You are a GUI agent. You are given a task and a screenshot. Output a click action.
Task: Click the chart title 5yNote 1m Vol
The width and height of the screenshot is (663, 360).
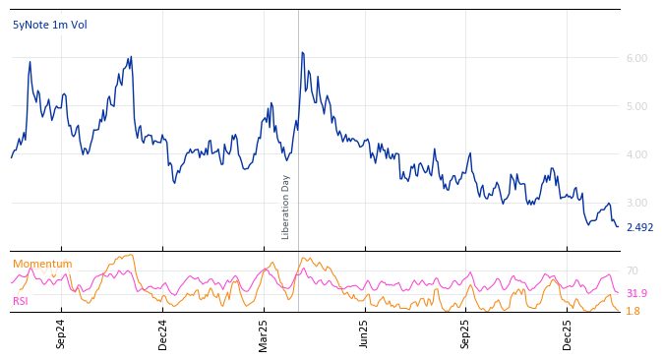tap(49, 25)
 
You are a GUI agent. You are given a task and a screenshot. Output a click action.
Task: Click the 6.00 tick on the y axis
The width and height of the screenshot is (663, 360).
tap(636, 58)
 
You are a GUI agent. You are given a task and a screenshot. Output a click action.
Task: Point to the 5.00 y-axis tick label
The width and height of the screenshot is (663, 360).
tap(636, 106)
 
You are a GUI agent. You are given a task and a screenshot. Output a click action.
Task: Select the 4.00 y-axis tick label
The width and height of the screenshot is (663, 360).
tap(636, 154)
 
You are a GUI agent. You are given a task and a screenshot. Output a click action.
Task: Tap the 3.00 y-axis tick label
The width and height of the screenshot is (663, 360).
tap(636, 203)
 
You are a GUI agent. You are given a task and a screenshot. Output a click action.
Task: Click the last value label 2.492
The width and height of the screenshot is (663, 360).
tap(639, 228)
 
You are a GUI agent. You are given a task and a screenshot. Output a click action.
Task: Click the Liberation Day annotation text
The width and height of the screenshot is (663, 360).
tap(286, 207)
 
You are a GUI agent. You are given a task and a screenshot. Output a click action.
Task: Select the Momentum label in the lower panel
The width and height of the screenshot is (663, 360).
tap(42, 265)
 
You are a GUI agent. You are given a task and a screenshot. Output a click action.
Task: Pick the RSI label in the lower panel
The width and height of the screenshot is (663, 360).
tap(21, 301)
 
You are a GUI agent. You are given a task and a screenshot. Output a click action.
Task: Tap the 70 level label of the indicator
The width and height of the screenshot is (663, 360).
tap(633, 270)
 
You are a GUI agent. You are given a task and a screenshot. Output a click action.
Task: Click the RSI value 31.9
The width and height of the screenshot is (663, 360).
tap(636, 293)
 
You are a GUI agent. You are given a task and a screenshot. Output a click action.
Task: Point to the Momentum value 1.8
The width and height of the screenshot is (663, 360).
tap(633, 311)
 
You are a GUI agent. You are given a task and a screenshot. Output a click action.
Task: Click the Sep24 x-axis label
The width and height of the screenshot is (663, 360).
tap(61, 333)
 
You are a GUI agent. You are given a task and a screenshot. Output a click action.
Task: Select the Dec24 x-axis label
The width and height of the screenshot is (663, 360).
tap(163, 333)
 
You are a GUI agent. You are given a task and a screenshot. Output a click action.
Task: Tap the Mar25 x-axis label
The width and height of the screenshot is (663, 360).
tap(264, 333)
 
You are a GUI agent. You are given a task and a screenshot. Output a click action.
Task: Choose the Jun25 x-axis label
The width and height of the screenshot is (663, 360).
tap(365, 333)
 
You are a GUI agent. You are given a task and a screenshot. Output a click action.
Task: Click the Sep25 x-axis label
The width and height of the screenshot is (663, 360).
tap(466, 333)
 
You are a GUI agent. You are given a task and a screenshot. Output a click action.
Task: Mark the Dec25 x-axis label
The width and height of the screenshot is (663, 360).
tap(568, 333)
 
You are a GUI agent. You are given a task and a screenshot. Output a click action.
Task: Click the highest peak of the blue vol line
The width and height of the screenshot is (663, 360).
tap(302, 52)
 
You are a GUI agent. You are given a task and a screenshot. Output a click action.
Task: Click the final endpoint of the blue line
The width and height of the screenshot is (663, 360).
tap(619, 227)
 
